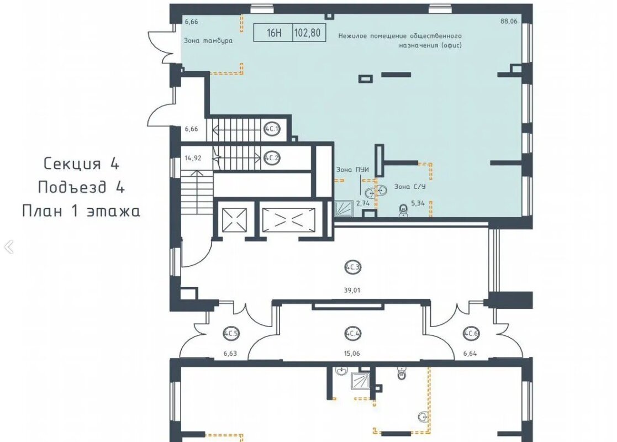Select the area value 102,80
pyautogui.click(x=307, y=33)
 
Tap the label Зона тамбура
pyautogui.click(x=208, y=40)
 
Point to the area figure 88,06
pyautogui.click(x=509, y=22)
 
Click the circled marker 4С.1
pyautogui.click(x=271, y=129)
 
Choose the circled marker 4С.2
pyautogui.click(x=272, y=158)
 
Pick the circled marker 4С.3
pyautogui.click(x=352, y=267)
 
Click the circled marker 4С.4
pyautogui.click(x=352, y=334)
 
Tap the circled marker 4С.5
pyautogui.click(x=230, y=334)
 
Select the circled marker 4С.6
pyautogui.click(x=471, y=334)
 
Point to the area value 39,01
pyautogui.click(x=352, y=291)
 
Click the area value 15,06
pyautogui.click(x=352, y=354)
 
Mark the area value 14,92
pyautogui.click(x=193, y=158)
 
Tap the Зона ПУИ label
pyautogui.click(x=352, y=170)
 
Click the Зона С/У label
pyautogui.click(x=410, y=187)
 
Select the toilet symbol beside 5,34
pyautogui.click(x=403, y=210)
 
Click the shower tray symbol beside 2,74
pyautogui.click(x=344, y=209)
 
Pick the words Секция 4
pyautogui.click(x=81, y=164)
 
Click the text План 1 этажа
pyautogui.click(x=81, y=211)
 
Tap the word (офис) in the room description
pyautogui.click(x=451, y=45)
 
